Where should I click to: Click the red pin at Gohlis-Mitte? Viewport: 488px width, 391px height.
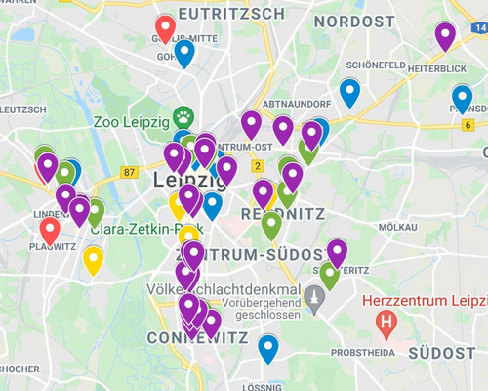pyautogui.click(x=165, y=28)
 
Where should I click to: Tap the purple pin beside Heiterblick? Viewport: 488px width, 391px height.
pyautogui.click(x=445, y=35)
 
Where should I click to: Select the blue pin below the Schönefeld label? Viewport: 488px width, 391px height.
pyautogui.click(x=349, y=92)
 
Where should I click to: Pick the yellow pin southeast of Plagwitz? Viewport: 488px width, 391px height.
pyautogui.click(x=93, y=260)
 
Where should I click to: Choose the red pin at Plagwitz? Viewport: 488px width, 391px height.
pyautogui.click(x=50, y=231)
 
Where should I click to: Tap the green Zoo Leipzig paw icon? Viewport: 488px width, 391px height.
pyautogui.click(x=183, y=116)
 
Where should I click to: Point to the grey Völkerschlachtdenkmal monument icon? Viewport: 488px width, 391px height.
pyautogui.click(x=313, y=293)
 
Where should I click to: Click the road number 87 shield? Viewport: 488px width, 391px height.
pyautogui.click(x=130, y=172)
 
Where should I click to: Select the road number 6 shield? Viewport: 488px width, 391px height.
pyautogui.click(x=469, y=125)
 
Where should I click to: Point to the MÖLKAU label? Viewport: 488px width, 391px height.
pyautogui.click(x=397, y=226)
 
